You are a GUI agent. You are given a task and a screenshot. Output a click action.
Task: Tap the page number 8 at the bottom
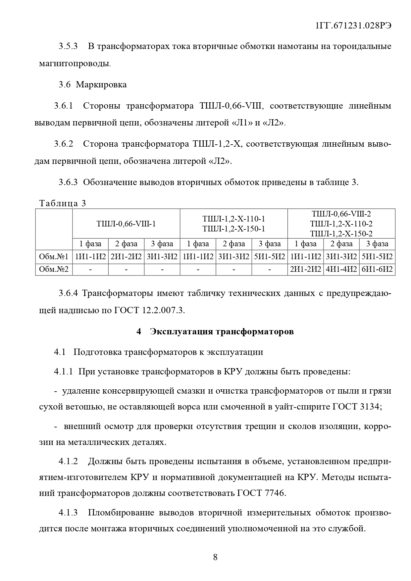(215, 557)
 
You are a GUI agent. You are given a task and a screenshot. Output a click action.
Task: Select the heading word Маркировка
(101, 84)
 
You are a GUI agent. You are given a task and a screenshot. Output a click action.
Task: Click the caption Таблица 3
(63, 203)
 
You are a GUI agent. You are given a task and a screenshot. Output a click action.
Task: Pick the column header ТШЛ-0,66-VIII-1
(126, 224)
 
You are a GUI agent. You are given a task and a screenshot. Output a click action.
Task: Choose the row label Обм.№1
(54, 257)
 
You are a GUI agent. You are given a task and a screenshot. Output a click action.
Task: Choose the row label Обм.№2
(54, 269)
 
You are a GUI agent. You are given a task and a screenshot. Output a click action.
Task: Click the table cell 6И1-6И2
(377, 269)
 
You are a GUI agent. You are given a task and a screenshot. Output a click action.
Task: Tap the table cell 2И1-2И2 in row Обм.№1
(126, 257)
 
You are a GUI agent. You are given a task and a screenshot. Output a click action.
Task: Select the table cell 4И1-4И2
(341, 269)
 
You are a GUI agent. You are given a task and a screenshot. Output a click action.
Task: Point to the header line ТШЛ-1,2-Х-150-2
(341, 233)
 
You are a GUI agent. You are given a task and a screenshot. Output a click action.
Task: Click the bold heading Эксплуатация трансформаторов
(222, 331)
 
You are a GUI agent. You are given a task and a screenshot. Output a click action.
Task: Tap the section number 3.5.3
(68, 46)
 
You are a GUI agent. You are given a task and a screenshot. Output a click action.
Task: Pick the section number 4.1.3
(68, 513)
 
